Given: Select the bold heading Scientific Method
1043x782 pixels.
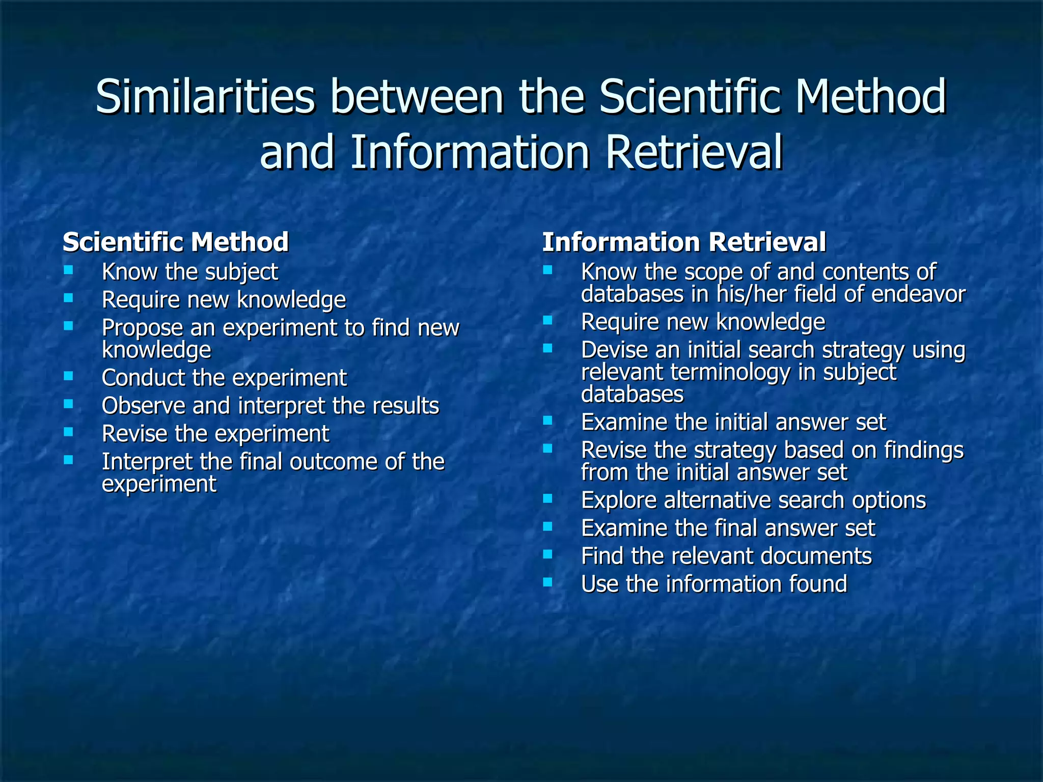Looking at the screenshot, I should [x=176, y=242].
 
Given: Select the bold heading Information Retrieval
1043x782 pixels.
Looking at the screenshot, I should [x=684, y=242].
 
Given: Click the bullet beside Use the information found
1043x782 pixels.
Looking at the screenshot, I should [x=548, y=581].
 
